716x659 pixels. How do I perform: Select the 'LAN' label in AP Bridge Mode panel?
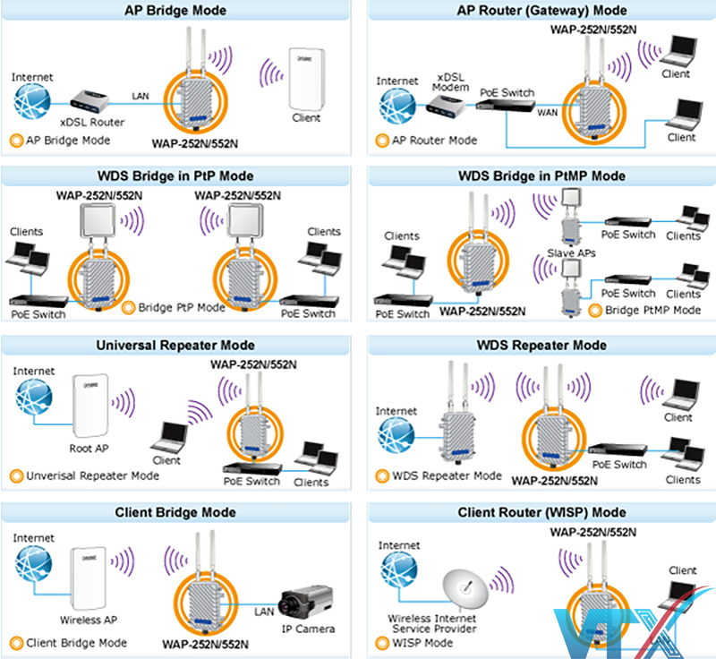(141, 95)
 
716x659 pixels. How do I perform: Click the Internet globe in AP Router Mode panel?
(395, 105)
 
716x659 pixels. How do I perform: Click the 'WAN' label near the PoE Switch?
(547, 114)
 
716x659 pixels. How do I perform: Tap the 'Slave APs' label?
(571, 253)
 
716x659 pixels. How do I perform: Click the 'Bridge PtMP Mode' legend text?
(653, 310)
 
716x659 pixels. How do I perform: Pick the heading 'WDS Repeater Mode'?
(541, 345)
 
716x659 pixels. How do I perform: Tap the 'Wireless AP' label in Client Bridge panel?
(86, 619)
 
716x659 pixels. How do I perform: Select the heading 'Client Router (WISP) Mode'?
(541, 513)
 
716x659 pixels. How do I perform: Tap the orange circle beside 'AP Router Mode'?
(382, 141)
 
